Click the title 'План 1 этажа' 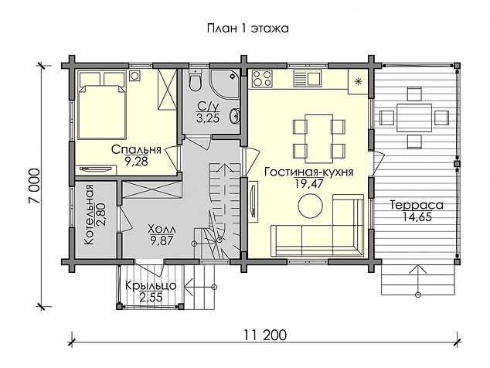point(247,29)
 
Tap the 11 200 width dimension point(265,336)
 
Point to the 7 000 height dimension point(34,186)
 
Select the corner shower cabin point(225,83)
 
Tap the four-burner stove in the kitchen point(262,79)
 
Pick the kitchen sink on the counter point(308,79)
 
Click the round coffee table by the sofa point(311,206)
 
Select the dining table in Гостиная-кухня point(319,138)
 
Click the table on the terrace point(414,118)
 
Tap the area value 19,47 point(308,183)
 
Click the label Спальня point(136,150)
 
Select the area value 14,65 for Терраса point(417,216)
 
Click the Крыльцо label point(151,285)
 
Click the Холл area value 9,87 point(162,241)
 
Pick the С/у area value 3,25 point(207,118)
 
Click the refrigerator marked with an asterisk point(358,82)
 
